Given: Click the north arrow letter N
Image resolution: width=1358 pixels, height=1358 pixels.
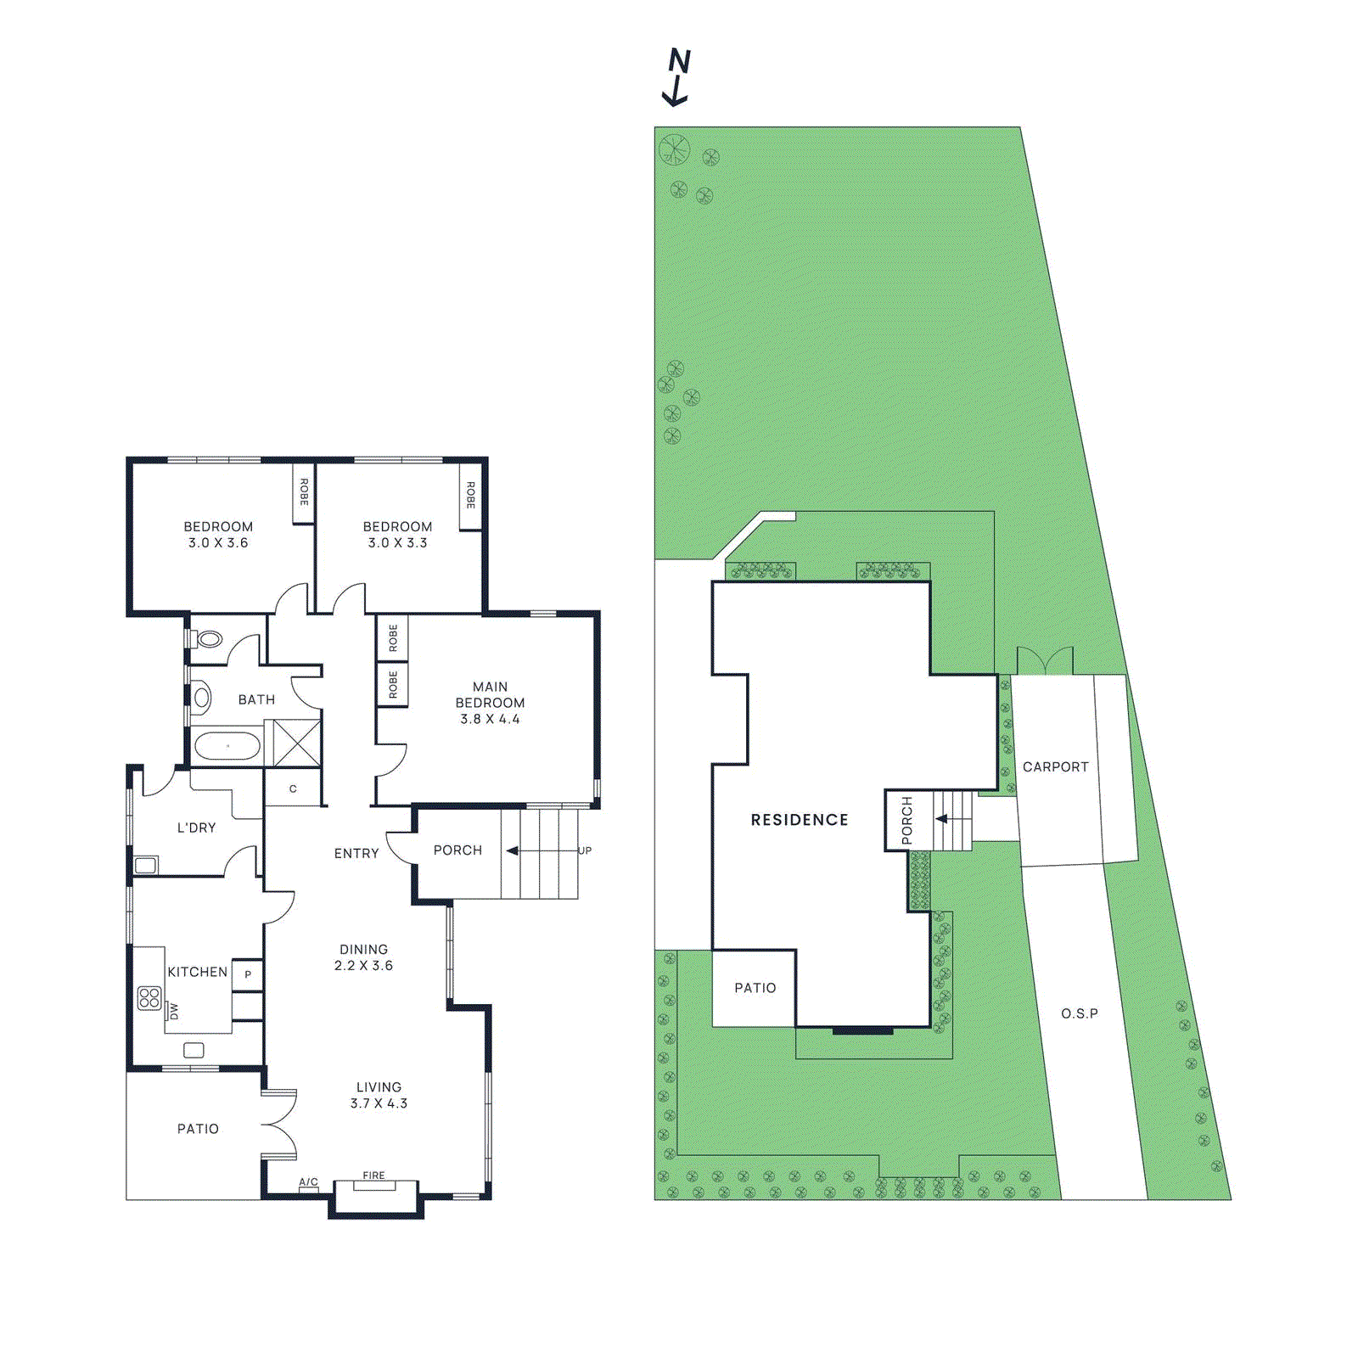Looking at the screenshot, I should pos(680,61).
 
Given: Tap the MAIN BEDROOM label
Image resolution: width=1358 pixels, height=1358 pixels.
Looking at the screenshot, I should pos(490,694).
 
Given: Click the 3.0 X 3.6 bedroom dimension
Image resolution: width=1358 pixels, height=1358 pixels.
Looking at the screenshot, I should pos(218,543).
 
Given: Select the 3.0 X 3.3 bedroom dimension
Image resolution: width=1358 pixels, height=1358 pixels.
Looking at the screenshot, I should pos(397,543).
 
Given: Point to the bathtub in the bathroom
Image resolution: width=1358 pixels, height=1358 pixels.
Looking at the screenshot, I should pos(227,747).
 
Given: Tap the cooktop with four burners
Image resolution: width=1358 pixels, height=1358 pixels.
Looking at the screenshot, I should pos(149,998).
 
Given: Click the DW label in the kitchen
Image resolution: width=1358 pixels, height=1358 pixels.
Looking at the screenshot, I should pos(174,1011).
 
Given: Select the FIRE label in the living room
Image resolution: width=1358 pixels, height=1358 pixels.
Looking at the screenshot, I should pos(373,1176).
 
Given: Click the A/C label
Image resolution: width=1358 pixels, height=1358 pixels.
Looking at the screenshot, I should pos(308,1181).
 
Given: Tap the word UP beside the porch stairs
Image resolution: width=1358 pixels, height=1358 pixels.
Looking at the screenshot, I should pos(585,850).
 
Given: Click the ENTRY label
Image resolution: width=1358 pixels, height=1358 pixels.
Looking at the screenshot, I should pos(356,854).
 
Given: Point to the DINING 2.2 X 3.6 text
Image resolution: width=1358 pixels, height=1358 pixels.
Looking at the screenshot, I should pos(363,957).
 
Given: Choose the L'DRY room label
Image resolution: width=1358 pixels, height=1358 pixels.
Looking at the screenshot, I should pos(196,828).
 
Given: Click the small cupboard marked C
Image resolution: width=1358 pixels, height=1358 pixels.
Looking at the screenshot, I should pos(293,789).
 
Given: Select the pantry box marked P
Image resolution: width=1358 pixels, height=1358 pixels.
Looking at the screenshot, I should pos(248,974).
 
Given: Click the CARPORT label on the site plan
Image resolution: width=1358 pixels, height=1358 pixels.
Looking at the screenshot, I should pos(1055,767).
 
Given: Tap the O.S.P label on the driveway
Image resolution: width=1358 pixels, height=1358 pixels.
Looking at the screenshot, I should pos(1079,1013).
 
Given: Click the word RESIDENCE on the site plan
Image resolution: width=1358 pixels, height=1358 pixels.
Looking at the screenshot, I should pos(800,820).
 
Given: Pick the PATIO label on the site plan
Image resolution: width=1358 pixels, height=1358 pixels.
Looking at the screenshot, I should pos(755,988).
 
